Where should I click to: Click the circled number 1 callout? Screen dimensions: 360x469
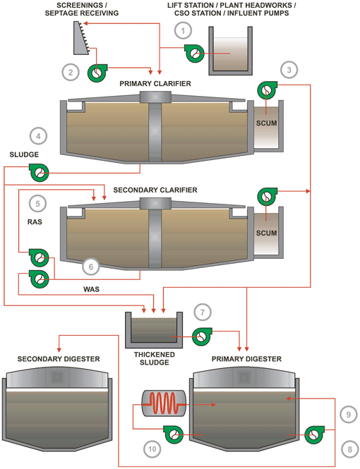[x=183, y=30]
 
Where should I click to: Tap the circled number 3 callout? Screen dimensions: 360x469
[x=289, y=70]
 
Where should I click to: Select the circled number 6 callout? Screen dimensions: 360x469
[x=91, y=267]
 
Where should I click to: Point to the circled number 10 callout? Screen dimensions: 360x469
[x=152, y=449]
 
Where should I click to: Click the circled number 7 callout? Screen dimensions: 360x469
[x=203, y=312]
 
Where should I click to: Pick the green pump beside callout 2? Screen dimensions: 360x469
[x=97, y=73]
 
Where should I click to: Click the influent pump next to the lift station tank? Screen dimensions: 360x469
[x=194, y=54]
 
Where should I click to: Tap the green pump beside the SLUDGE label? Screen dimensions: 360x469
[x=39, y=172]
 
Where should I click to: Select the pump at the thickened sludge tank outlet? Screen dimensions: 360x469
[x=202, y=336]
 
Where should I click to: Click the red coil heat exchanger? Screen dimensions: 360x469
[x=164, y=403]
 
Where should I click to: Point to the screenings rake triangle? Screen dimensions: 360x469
[x=81, y=38]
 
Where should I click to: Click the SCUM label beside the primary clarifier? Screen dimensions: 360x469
[x=266, y=123]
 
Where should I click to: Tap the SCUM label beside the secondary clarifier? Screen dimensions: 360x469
[x=266, y=233]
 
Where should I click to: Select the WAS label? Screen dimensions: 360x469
[x=91, y=289]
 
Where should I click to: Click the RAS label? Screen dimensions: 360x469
[x=35, y=222]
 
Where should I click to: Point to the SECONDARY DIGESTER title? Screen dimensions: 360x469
[x=59, y=359]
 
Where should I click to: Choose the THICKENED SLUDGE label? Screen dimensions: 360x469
[x=155, y=358]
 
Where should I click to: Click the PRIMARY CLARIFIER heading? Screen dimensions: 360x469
[x=155, y=84]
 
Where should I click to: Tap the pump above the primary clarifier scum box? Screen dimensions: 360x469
[x=268, y=90]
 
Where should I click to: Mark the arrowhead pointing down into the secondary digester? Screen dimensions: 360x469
[x=59, y=349]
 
